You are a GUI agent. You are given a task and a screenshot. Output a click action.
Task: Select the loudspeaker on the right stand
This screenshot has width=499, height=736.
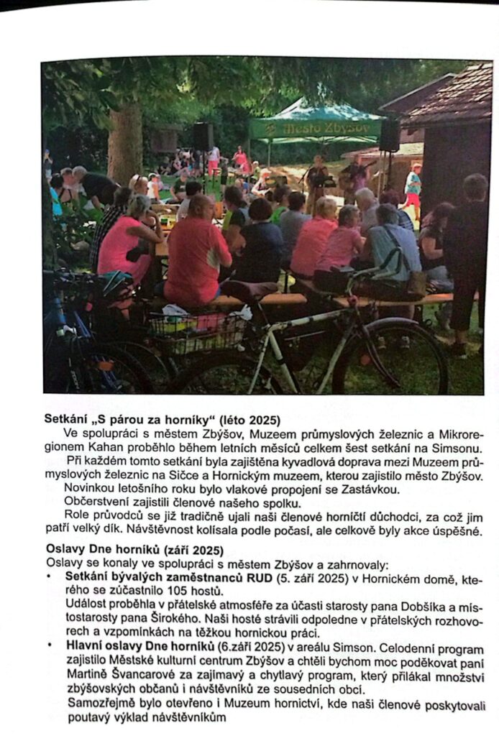[389, 134]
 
